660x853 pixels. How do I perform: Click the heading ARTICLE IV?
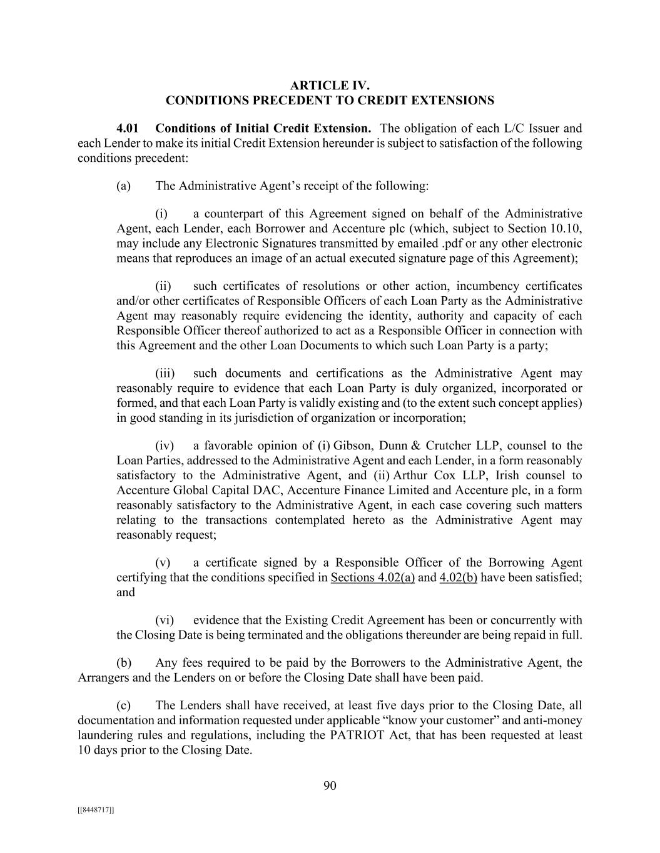tap(330, 86)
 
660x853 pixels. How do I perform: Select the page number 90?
tap(330, 786)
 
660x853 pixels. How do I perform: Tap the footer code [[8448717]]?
tap(96, 810)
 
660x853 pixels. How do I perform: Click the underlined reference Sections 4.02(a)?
tap(372, 577)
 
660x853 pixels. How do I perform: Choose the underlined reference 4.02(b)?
tap(458, 577)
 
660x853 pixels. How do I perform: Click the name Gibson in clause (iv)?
tap(352, 446)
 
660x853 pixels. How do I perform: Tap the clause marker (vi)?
tap(164, 621)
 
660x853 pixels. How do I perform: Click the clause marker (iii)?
tap(165, 374)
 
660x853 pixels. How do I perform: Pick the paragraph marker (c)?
tap(123, 706)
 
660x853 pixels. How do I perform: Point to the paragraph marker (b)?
tap(123, 662)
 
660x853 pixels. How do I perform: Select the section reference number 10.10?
tap(567, 229)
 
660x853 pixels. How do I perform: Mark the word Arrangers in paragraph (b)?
tap(102, 677)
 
